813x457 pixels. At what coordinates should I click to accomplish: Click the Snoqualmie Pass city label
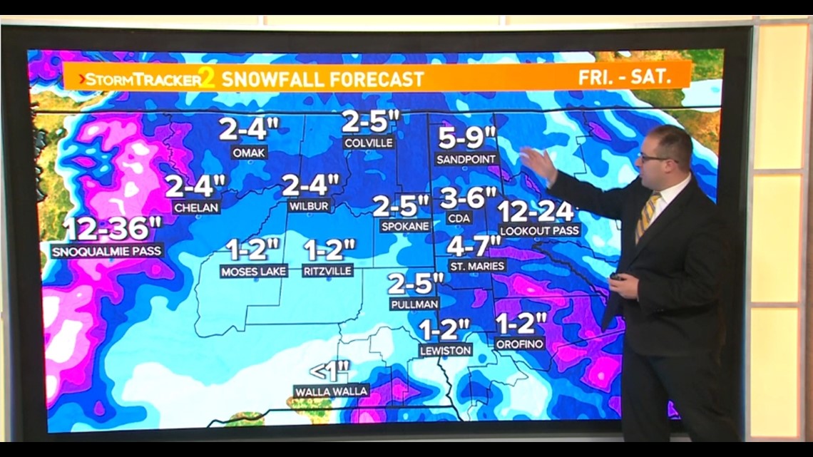(x=108, y=251)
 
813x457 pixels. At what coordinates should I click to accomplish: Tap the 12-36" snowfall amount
(x=113, y=230)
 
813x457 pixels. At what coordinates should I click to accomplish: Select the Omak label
(x=249, y=153)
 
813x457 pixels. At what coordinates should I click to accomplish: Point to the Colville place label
(x=368, y=143)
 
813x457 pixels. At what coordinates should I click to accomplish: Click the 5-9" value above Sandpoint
(x=467, y=135)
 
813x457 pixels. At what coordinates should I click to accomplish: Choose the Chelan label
(x=196, y=207)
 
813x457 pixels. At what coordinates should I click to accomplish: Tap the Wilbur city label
(x=309, y=206)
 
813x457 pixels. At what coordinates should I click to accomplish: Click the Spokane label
(x=404, y=226)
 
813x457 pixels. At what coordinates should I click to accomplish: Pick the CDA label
(x=459, y=218)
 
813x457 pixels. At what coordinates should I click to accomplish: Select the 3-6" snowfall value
(x=467, y=197)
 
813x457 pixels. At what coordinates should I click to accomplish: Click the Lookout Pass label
(x=539, y=231)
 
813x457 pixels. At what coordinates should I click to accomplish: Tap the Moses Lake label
(x=253, y=271)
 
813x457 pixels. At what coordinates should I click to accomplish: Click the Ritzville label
(x=328, y=271)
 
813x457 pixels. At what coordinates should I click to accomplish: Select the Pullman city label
(x=414, y=304)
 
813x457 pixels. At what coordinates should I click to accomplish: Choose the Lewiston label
(x=445, y=350)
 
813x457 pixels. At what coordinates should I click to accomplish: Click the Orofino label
(x=520, y=344)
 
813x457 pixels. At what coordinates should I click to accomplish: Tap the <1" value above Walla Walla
(x=330, y=371)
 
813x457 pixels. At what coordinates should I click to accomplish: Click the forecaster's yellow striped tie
(x=648, y=214)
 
